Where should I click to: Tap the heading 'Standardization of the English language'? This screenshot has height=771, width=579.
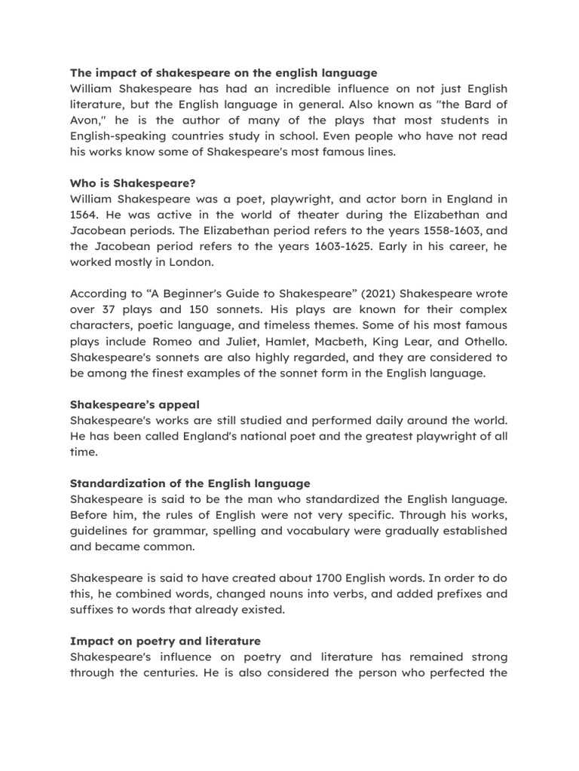(x=190, y=483)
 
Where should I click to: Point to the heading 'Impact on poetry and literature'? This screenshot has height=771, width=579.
(x=165, y=641)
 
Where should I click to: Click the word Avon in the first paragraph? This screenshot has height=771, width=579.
(x=86, y=120)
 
